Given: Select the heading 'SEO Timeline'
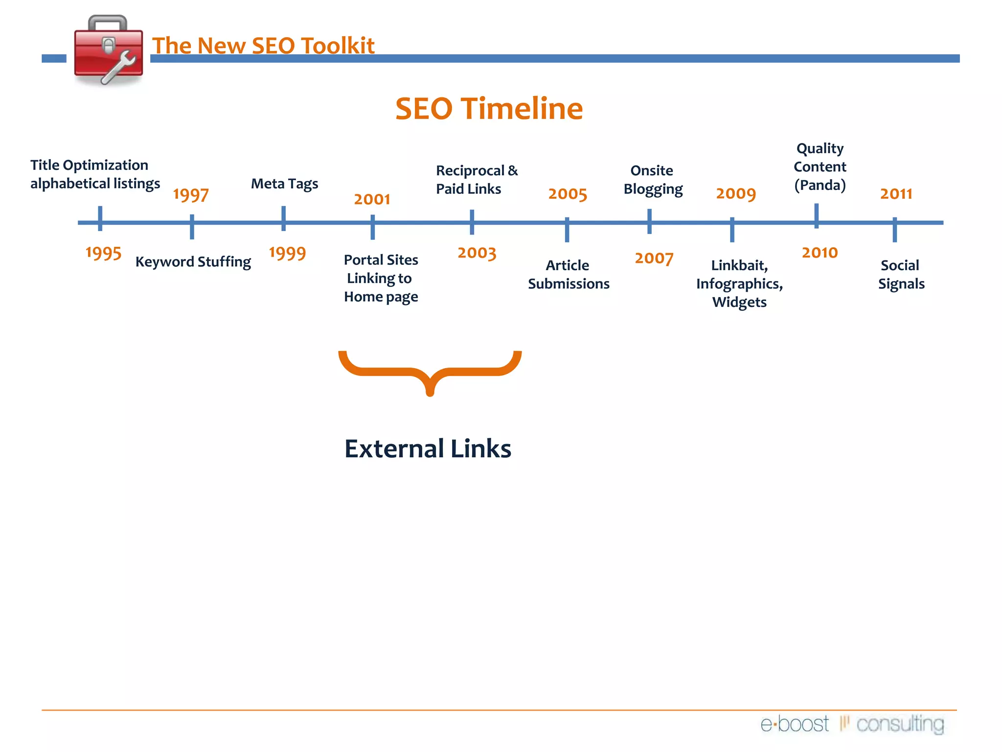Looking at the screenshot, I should tap(489, 108).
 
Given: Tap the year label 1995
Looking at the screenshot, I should tap(103, 253).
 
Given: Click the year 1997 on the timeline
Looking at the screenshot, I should tap(191, 195).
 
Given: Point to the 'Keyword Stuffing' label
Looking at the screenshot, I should tap(193, 262).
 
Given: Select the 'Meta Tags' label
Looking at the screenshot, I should tap(284, 184).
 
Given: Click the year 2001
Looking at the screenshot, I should tap(372, 199).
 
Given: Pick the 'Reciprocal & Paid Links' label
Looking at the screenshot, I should tap(476, 180).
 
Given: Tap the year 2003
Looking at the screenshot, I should tap(477, 253).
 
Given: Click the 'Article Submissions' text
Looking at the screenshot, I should tap(569, 275).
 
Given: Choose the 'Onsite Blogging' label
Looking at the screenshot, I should tap(653, 180).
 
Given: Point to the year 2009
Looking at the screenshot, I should tap(736, 194).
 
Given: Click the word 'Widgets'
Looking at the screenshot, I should tap(739, 303).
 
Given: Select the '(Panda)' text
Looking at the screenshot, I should tap(820, 185).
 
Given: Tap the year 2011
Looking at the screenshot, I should tap(896, 194).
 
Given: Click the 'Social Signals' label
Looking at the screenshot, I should tap(901, 275).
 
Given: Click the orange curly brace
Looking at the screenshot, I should tap(430, 372).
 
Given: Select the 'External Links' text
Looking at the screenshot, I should tap(428, 448).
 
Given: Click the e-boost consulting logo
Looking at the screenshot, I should tap(852, 724).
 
